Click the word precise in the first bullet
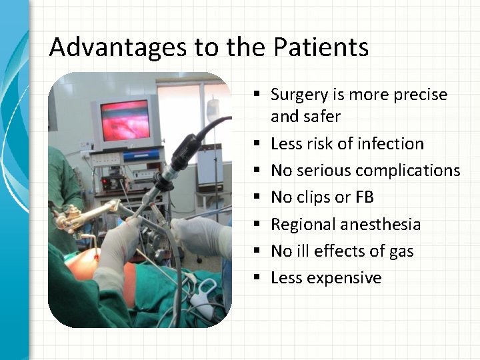pyautogui.click(x=419, y=95)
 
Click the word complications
pyautogui.click(x=407, y=171)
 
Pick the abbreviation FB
pyautogui.click(x=364, y=197)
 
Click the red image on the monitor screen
pyautogui.click(x=125, y=121)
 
